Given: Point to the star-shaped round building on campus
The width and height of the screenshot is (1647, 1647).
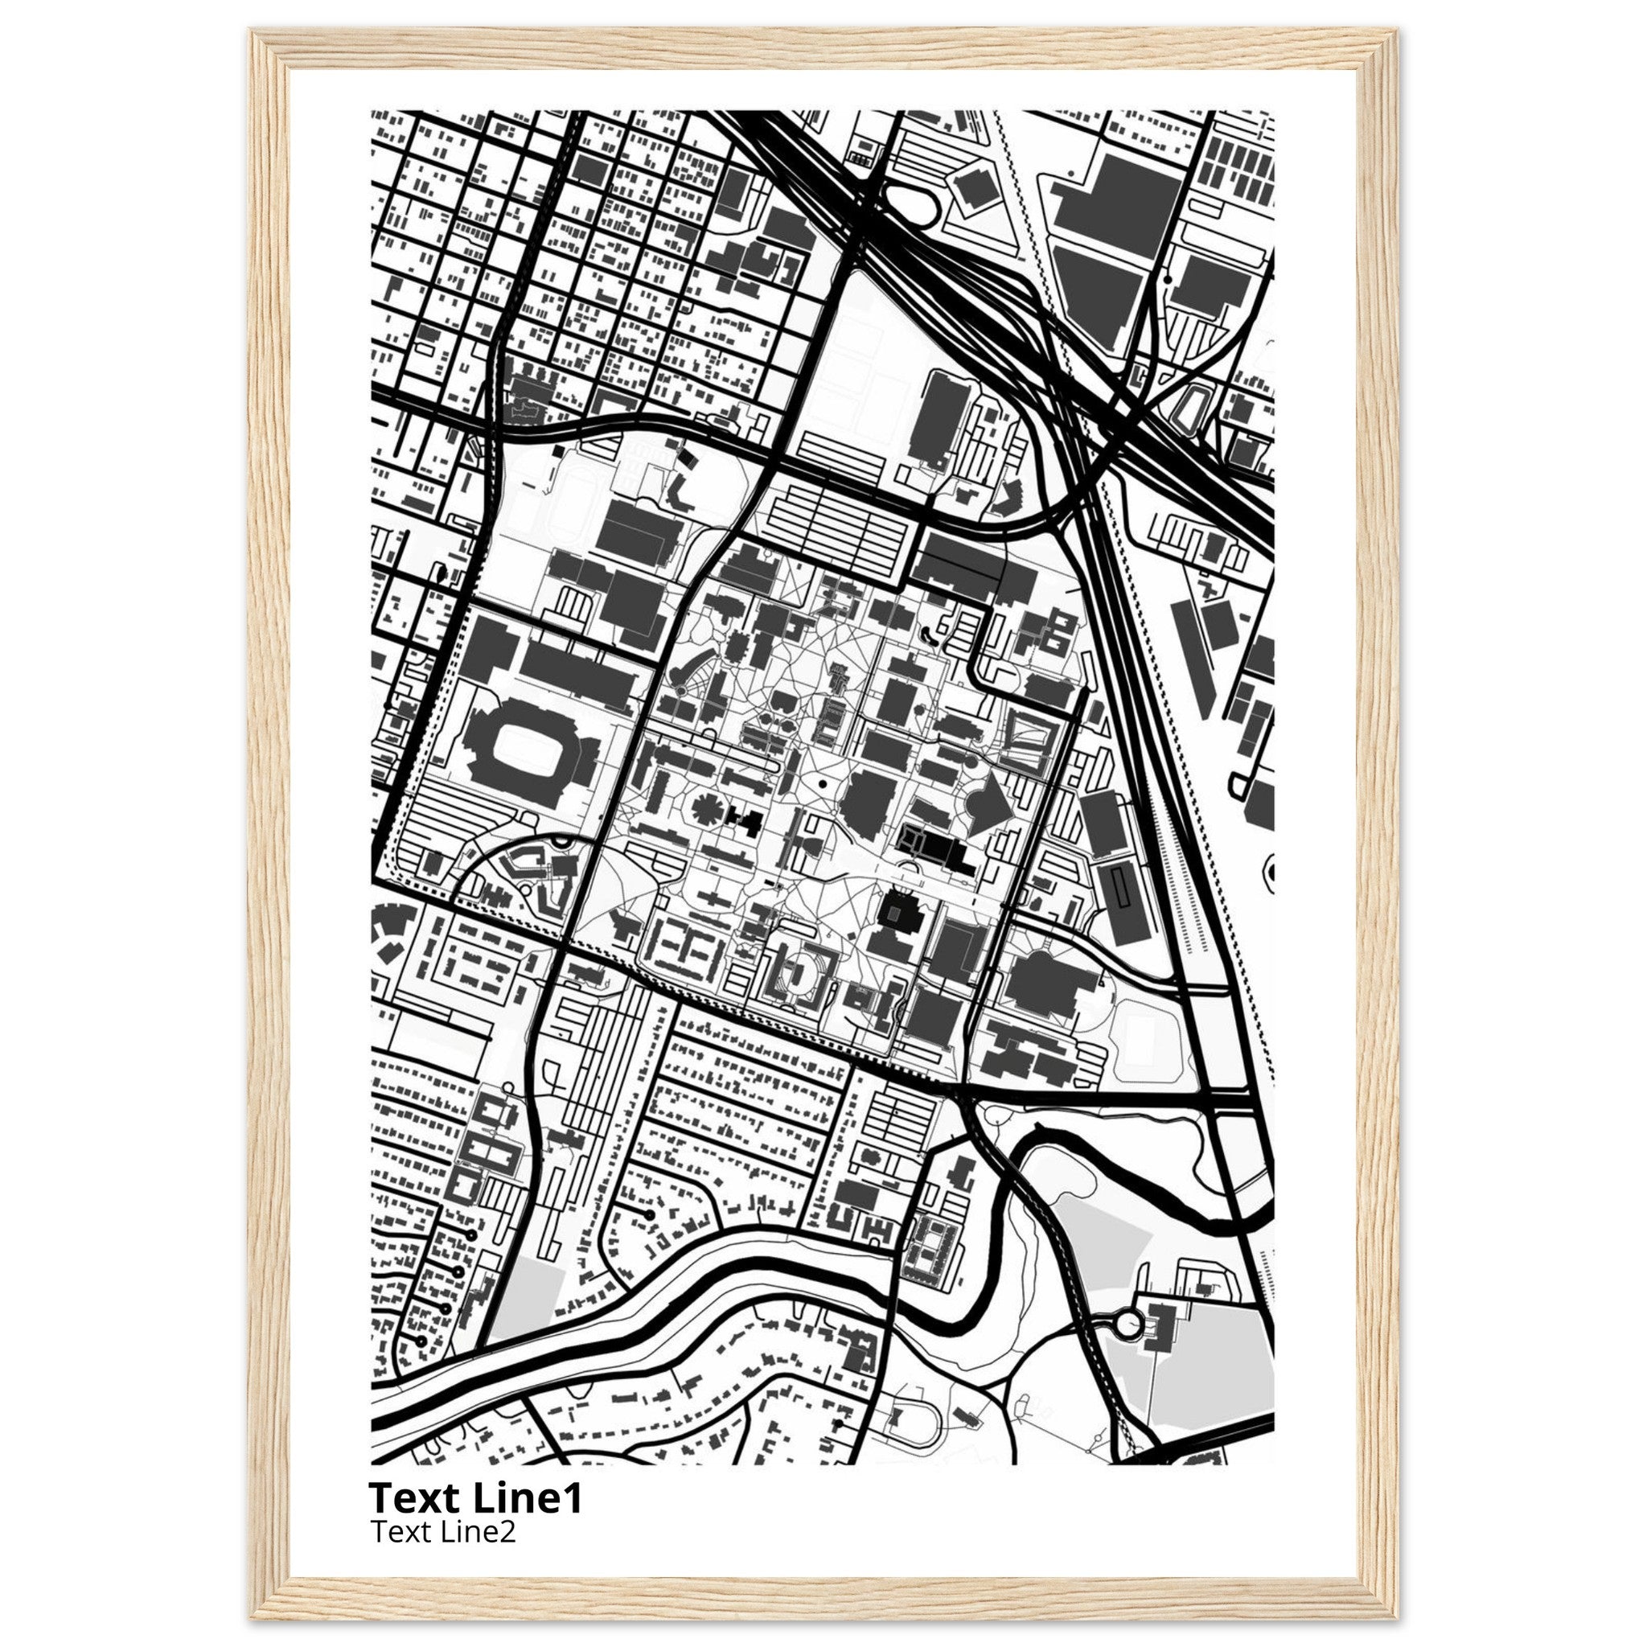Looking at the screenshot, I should [x=706, y=807].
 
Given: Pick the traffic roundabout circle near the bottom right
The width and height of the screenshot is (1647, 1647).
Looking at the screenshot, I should [x=1131, y=1324].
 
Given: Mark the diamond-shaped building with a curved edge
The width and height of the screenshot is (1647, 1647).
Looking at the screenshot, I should [x=989, y=801].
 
